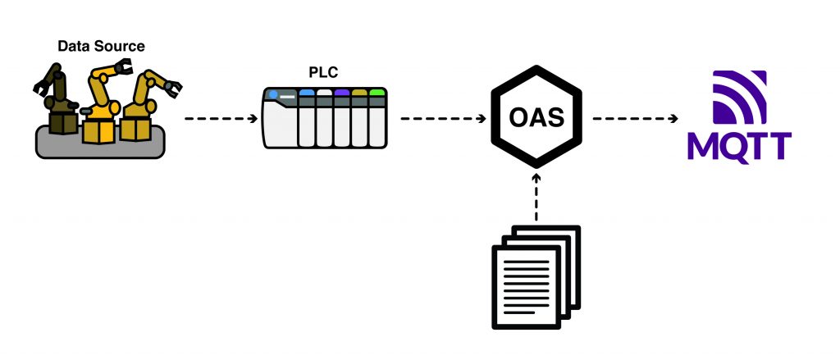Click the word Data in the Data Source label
[x=71, y=46]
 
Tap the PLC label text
[x=322, y=73]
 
